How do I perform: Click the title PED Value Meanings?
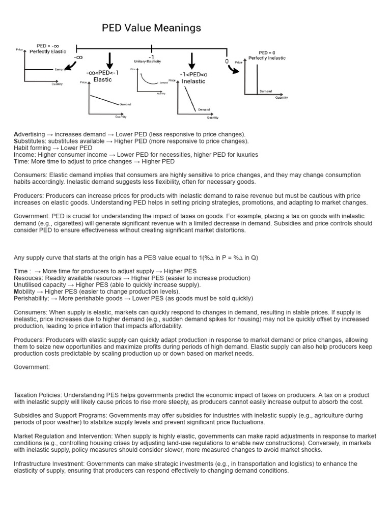point(151,28)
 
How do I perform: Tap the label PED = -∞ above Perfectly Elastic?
point(48,46)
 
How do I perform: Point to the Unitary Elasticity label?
point(147,62)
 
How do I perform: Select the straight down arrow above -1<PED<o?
point(192,60)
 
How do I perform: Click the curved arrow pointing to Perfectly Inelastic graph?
point(233,68)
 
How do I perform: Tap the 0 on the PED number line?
point(227,61)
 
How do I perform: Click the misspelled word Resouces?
point(28,278)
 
